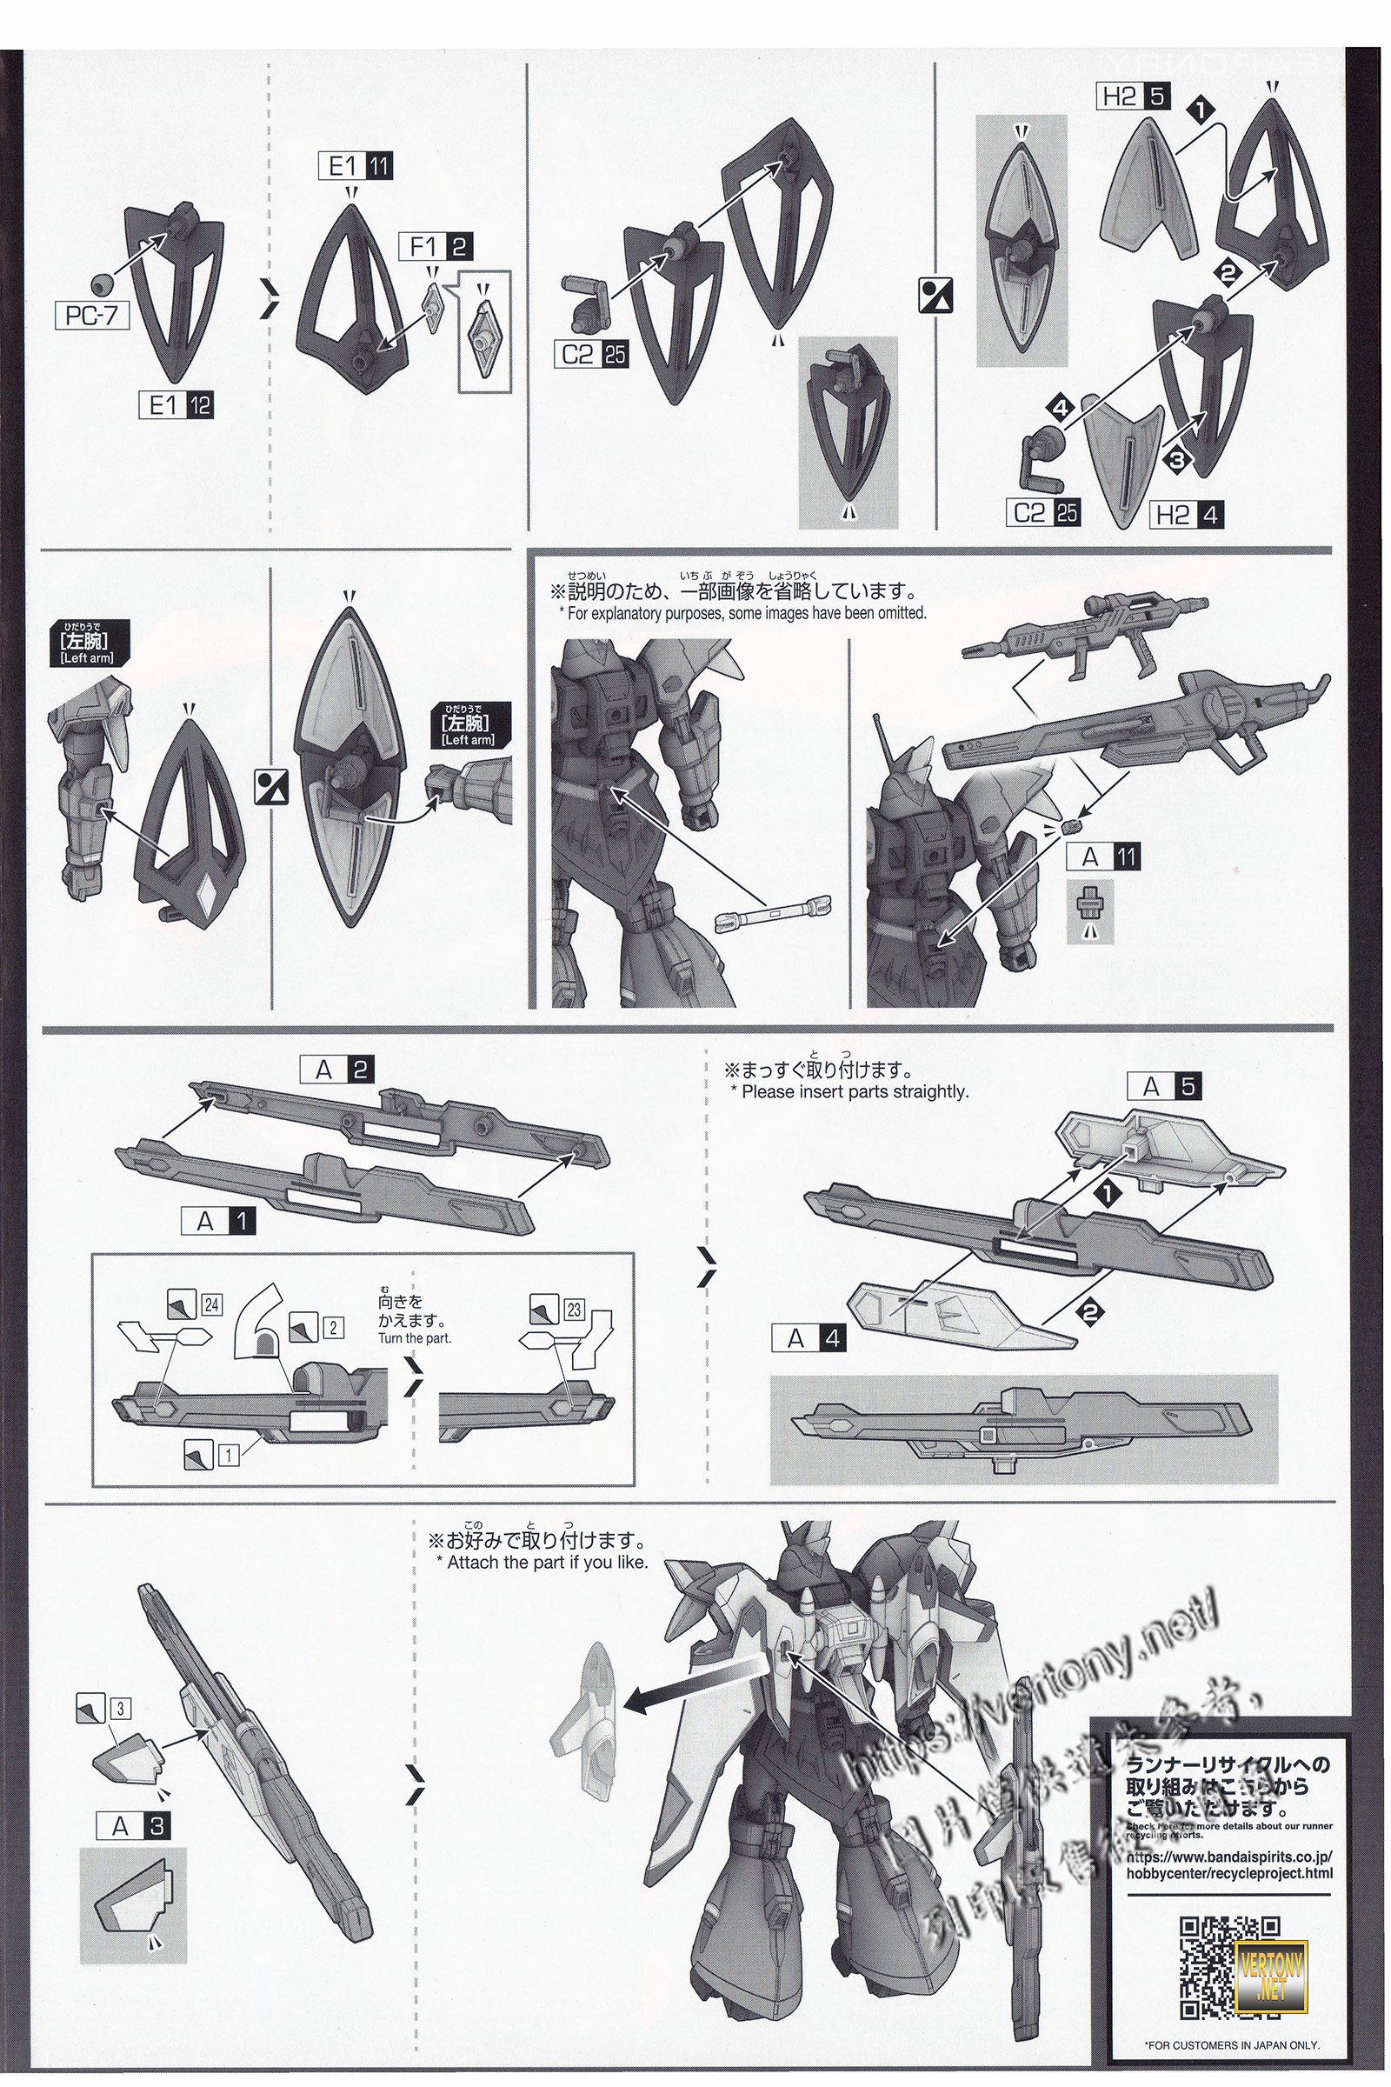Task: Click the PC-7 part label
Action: pyautogui.click(x=92, y=316)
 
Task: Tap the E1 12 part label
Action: pyautogui.click(x=176, y=406)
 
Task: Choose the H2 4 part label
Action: pyautogui.click(x=1187, y=515)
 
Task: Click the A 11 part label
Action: pyautogui.click(x=1102, y=857)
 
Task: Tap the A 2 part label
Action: pyautogui.click(x=338, y=1070)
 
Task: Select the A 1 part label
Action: pyautogui.click(x=218, y=1222)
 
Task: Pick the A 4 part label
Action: pyautogui.click(x=809, y=1337)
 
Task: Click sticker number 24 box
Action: pyautogui.click(x=211, y=1304)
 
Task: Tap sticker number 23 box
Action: pyautogui.click(x=574, y=1309)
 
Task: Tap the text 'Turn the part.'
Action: pyautogui.click(x=415, y=1338)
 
